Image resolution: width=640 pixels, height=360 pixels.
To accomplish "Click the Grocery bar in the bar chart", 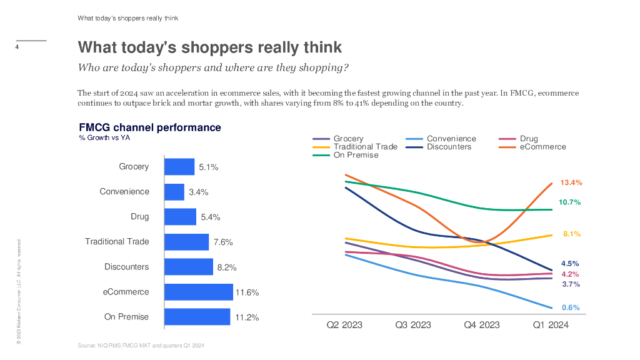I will click(x=179, y=167).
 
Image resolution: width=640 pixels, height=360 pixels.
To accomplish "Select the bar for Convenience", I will click(x=174, y=192).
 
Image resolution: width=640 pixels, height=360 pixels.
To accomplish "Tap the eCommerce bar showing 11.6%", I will click(x=198, y=292).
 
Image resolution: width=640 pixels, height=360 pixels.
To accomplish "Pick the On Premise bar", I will click(x=197, y=317).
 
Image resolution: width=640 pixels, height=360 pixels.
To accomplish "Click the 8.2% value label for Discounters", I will click(x=226, y=267).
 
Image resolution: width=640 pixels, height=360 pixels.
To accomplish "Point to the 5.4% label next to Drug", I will click(x=210, y=217).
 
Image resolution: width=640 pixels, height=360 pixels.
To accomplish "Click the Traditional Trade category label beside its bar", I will click(x=117, y=241).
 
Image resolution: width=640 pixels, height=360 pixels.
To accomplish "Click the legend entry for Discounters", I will click(x=449, y=147).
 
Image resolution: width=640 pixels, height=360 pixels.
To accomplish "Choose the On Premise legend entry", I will click(x=356, y=155).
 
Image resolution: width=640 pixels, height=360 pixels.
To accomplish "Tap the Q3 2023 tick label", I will click(x=413, y=325).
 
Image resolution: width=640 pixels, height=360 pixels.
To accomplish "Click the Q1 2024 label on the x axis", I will click(x=551, y=325).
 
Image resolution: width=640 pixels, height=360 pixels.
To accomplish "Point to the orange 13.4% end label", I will click(x=571, y=182).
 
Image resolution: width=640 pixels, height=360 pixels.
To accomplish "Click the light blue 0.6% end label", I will click(x=571, y=307).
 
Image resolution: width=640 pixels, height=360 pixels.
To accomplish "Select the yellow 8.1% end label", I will click(x=571, y=234).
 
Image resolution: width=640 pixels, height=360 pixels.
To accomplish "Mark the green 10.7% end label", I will click(x=570, y=202).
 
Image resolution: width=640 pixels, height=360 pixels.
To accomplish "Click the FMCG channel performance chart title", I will click(x=150, y=127).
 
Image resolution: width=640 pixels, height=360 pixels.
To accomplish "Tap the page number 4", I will click(x=17, y=47).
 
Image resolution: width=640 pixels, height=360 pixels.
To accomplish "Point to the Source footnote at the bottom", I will click(x=141, y=346).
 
